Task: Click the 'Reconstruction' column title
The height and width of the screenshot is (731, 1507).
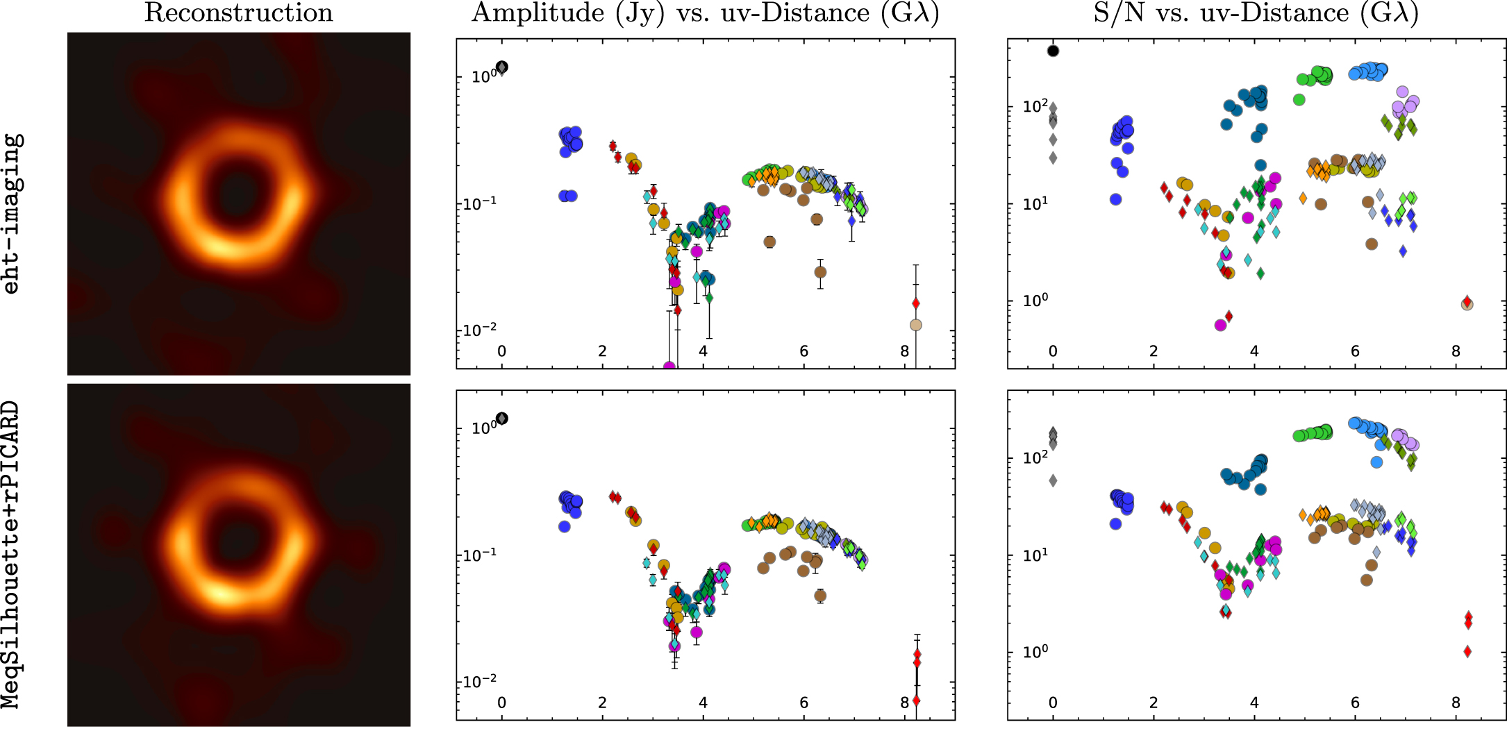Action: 238,13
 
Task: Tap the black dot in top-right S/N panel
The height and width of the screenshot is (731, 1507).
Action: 1054,51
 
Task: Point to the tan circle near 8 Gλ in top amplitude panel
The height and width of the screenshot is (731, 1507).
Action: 916,325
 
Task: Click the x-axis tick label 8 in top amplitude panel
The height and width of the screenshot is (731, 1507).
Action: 904,351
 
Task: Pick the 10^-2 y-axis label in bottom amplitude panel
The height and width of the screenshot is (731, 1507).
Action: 478,681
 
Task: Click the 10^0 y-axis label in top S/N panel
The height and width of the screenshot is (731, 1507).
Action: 1035,301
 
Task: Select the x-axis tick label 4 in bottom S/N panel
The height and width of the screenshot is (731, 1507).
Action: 1254,703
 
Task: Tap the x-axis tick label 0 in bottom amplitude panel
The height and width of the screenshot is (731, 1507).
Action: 502,703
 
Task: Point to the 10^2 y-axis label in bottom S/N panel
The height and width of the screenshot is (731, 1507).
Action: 1035,457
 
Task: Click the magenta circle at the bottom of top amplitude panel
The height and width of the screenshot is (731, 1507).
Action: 669,367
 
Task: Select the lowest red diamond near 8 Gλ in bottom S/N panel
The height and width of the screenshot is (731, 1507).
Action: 1467,651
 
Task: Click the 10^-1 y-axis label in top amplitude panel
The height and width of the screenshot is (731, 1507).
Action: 478,204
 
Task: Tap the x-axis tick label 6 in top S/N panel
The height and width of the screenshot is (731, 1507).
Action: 1355,351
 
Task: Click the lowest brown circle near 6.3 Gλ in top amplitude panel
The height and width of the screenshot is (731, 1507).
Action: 820,272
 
